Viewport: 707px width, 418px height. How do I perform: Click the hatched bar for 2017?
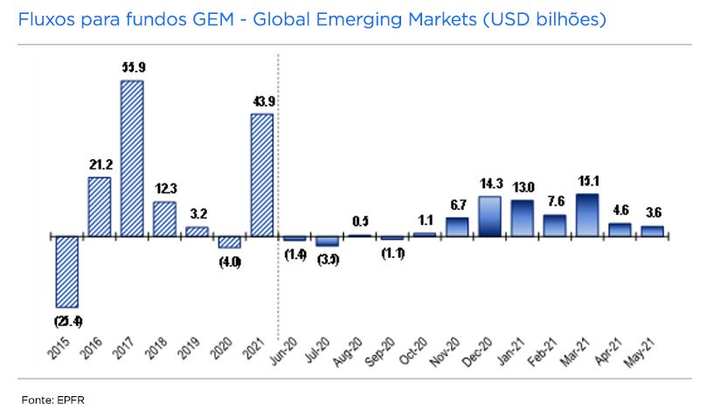(132, 158)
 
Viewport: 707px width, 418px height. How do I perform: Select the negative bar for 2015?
(66, 270)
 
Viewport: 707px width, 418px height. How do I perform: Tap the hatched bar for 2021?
(262, 175)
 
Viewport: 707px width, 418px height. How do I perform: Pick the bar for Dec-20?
(490, 216)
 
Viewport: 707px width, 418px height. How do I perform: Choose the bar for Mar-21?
(588, 215)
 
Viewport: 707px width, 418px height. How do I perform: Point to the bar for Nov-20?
(458, 227)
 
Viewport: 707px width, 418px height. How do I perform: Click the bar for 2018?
(164, 219)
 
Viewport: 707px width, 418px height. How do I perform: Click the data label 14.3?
(490, 185)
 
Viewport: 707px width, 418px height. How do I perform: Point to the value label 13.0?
(523, 187)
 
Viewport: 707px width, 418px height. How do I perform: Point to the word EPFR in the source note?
(73, 400)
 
